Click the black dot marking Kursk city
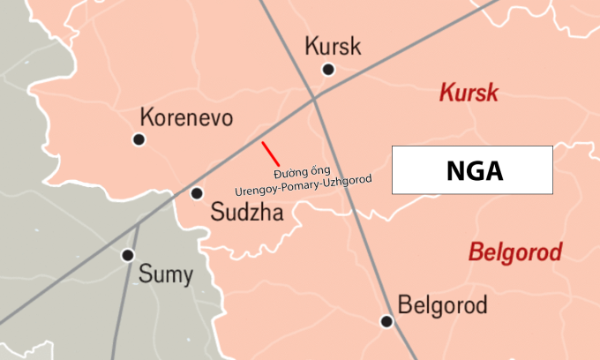click(x=328, y=69)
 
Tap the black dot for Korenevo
click(x=139, y=139)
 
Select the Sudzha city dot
click(x=197, y=192)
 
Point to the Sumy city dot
click(x=128, y=255)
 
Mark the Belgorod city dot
click(x=386, y=321)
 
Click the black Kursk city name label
click(x=332, y=47)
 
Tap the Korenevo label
click(x=186, y=117)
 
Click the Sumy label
click(x=165, y=274)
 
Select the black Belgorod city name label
click(x=443, y=306)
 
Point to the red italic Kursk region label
click(x=469, y=94)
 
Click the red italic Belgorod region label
click(x=514, y=253)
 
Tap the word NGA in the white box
click(x=473, y=170)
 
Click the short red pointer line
click(x=271, y=153)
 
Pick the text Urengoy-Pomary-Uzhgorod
click(x=304, y=185)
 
